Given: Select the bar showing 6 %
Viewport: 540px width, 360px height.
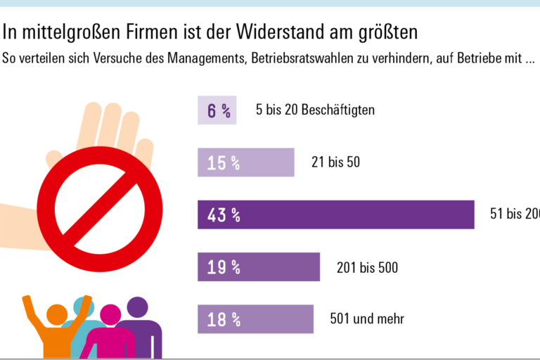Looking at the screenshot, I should pos(217,110).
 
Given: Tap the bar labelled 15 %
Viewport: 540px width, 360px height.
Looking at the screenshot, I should pos(246,162).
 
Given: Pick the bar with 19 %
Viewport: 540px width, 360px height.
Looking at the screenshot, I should pos(259,267).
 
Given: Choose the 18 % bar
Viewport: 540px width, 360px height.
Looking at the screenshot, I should pos(255,319).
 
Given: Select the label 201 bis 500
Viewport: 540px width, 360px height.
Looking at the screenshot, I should pos(367,267).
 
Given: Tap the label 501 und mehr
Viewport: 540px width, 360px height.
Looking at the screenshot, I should pos(367,319).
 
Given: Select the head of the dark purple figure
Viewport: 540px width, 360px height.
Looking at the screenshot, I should pos(138,308).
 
